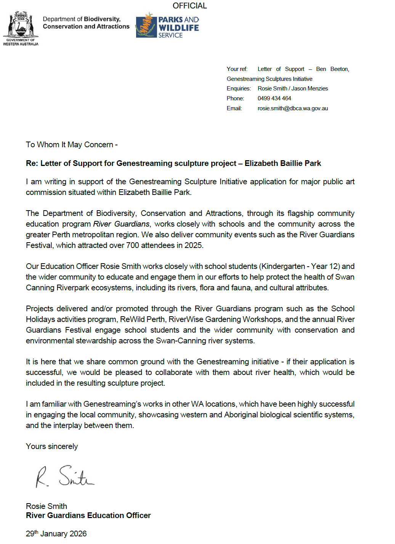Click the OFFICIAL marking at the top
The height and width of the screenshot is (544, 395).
(189, 6)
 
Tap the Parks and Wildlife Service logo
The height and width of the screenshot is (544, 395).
(167, 26)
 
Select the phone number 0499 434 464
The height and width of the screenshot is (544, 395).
(274, 98)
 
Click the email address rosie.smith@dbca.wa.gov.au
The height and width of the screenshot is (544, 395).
(292, 108)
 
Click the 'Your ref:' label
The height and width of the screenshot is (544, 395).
(237, 69)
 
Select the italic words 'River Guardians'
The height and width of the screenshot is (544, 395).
(121, 224)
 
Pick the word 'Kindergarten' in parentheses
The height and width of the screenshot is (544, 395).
(283, 266)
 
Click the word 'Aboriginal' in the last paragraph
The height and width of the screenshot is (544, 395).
(241, 415)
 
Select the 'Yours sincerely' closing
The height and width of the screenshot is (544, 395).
(52, 446)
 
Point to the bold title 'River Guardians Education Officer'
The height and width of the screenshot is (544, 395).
(88, 515)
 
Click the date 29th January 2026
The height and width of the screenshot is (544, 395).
(56, 534)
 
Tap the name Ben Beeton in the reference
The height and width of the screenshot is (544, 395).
(332, 69)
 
